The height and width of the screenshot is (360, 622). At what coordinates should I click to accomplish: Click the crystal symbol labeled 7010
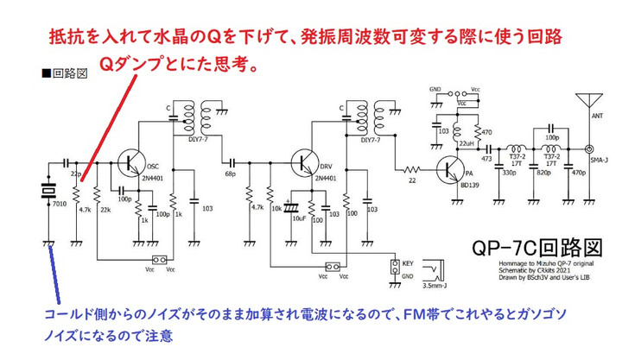(50, 192)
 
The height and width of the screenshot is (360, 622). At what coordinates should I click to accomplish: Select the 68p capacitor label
(231, 174)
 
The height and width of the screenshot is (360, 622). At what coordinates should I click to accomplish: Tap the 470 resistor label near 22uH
(486, 132)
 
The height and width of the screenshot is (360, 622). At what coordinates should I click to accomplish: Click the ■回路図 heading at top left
(65, 74)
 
